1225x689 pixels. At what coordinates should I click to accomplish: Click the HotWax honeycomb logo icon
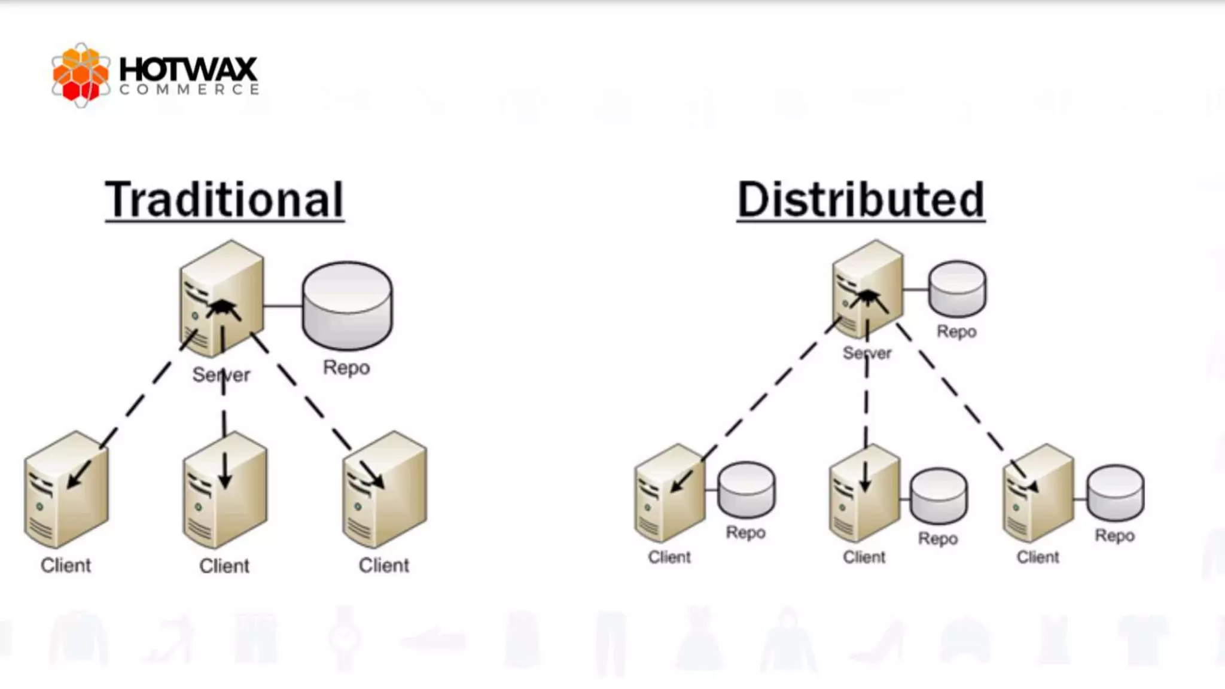click(80, 75)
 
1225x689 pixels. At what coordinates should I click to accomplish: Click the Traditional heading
click(224, 200)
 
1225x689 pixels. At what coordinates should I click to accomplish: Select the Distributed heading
click(861, 200)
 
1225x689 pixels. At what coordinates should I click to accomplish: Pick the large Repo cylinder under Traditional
click(347, 305)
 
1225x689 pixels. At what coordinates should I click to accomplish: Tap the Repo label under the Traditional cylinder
click(346, 367)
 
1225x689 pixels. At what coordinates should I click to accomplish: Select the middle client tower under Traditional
click(225, 490)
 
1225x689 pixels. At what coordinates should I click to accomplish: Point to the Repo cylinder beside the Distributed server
click(956, 288)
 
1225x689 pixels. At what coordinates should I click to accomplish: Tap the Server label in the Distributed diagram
click(867, 353)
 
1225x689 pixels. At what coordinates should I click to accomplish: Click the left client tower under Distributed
click(669, 493)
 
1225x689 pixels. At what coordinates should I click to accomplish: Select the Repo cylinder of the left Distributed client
click(746, 490)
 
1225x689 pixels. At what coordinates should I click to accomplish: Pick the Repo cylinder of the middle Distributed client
click(938, 496)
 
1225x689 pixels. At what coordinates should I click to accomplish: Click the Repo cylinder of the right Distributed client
click(1115, 493)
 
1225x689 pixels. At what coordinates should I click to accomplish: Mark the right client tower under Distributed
click(1038, 493)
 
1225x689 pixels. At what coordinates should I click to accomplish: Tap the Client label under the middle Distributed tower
click(864, 557)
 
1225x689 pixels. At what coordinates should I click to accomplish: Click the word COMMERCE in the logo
click(188, 90)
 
